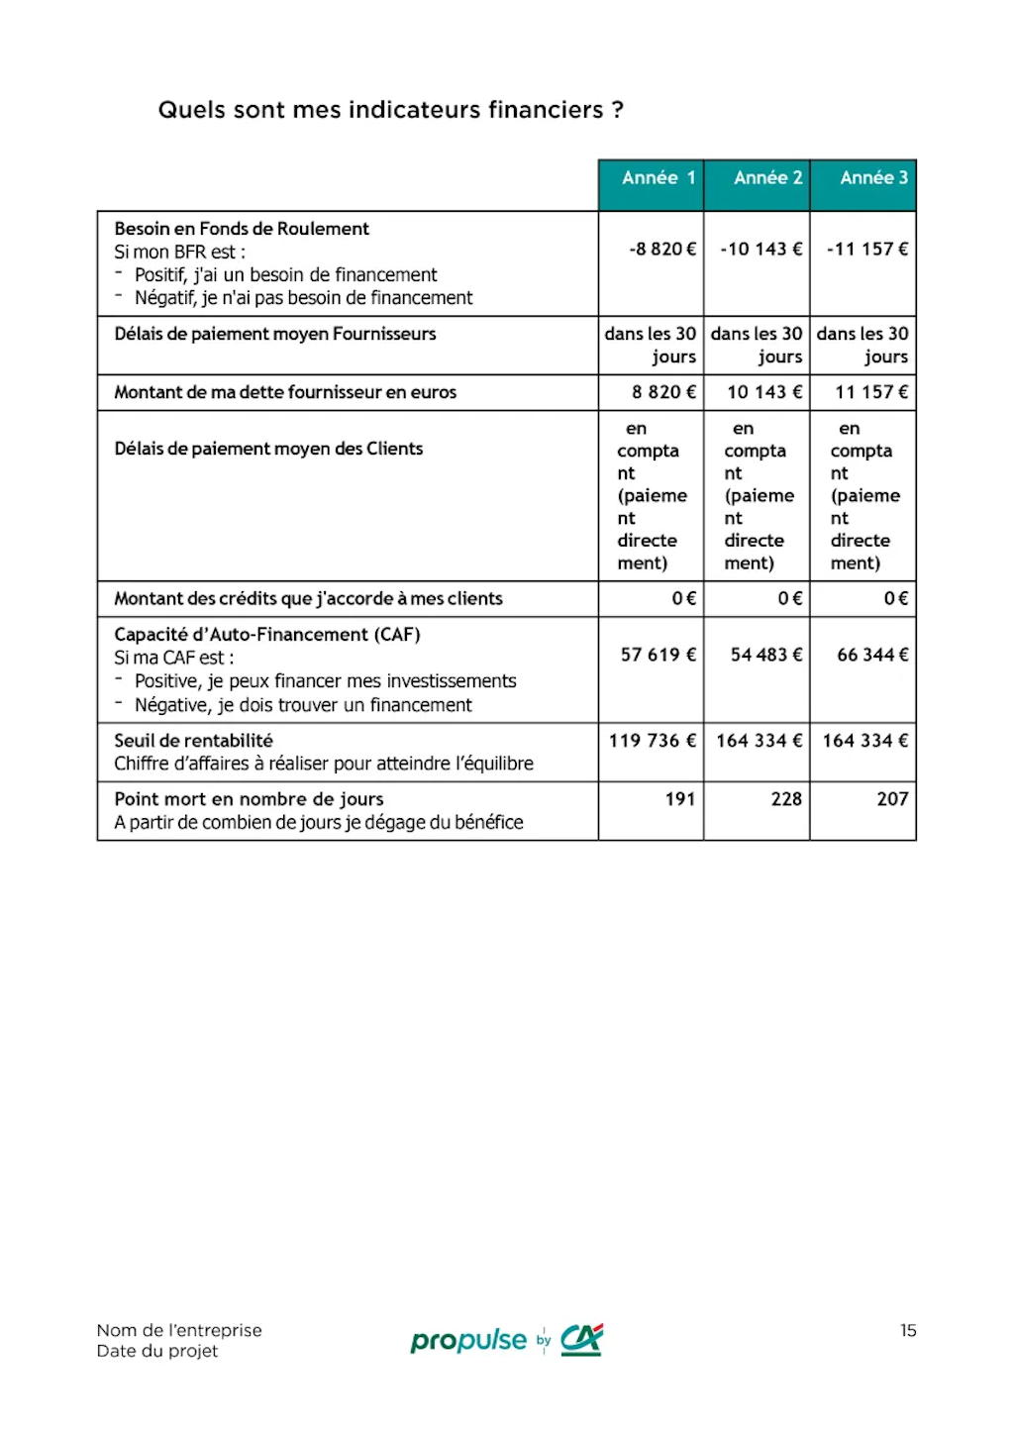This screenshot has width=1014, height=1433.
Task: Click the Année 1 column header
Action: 658,178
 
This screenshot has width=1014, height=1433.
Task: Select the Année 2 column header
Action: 767,178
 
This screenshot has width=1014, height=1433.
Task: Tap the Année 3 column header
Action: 873,178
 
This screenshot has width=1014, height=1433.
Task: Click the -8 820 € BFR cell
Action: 662,249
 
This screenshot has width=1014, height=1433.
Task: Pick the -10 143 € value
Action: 760,249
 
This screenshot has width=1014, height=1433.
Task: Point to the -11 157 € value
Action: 867,249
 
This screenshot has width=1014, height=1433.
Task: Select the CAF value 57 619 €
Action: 659,655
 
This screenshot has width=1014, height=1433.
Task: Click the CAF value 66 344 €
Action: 872,655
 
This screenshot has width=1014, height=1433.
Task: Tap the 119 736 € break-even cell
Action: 653,741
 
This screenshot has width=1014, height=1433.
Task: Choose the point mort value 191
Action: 679,799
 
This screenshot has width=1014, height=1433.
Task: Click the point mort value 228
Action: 786,799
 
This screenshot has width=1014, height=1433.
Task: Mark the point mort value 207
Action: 892,799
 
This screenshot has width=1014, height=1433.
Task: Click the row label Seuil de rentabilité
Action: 193,741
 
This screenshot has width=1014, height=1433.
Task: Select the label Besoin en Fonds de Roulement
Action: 242,229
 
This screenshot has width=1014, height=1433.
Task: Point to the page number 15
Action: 908,1330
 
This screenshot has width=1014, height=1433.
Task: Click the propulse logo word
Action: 468,1341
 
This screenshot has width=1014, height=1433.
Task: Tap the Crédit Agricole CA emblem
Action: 581,1340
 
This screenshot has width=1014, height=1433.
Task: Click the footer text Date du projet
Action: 157,1351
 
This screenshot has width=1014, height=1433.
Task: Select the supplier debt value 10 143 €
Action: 764,392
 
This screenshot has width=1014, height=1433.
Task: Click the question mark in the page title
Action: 618,110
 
